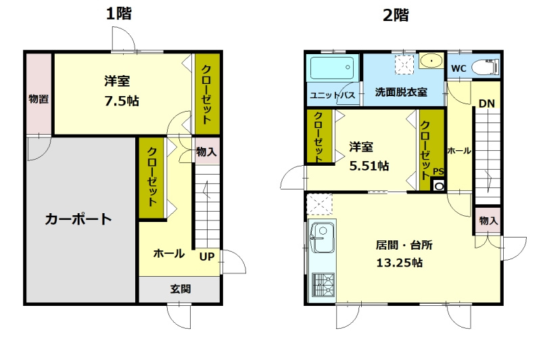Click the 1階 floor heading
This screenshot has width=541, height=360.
coord(118,14)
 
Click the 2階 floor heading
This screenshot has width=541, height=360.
coord(396,14)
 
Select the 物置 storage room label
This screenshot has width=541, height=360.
coord(39,99)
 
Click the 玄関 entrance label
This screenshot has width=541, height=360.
coord(180,289)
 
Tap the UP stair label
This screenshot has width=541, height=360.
coord(207,256)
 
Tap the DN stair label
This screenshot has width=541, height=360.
coord(487,104)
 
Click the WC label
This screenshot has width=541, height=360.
coord(458,68)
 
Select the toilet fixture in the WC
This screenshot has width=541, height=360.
coord(485,67)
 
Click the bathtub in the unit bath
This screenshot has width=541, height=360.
coord(332,68)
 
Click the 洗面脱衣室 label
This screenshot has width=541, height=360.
coord(401,92)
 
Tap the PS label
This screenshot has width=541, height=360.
coord(438,172)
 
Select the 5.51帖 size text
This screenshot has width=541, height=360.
coord(369,165)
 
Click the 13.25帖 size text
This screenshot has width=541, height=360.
coord(400,263)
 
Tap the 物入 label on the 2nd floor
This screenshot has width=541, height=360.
coord(488,221)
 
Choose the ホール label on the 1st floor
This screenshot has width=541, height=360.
coord(168,254)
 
